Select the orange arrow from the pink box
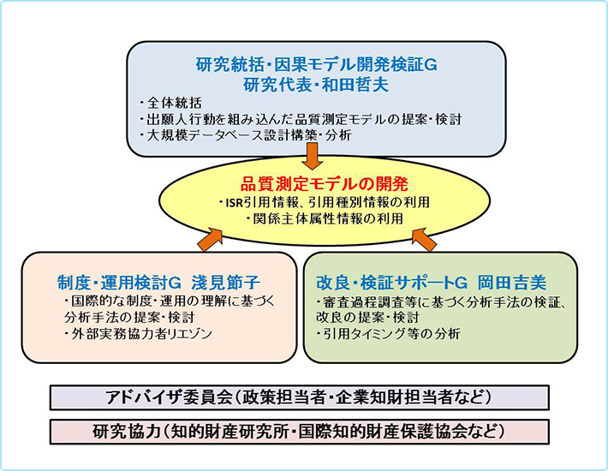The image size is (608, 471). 210,240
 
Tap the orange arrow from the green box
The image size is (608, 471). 424,240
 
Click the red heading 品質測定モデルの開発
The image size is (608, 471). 325,184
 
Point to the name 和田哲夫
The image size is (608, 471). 355,85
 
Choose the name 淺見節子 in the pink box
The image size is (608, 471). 225,283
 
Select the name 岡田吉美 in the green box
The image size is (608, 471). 512,283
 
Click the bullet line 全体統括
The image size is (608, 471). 170,103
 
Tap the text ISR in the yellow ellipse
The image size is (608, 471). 234,202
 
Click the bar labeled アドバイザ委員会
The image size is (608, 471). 300,397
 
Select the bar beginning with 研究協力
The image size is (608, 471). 300,432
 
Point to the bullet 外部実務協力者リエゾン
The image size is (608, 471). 139,334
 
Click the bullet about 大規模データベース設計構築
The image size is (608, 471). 246,135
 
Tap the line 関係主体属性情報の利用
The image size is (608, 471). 325,218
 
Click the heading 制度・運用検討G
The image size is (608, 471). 119,283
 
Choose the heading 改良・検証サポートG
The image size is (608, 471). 392,283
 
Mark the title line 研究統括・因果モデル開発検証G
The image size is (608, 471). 316,65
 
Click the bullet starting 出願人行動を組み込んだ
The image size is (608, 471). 301,119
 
